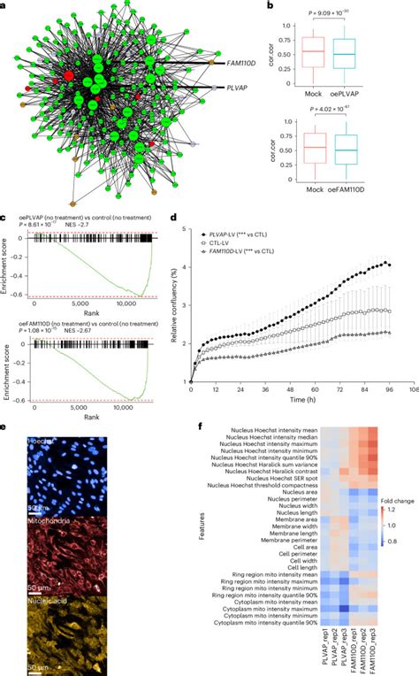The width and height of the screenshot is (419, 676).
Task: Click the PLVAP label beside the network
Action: (x=232, y=88)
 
